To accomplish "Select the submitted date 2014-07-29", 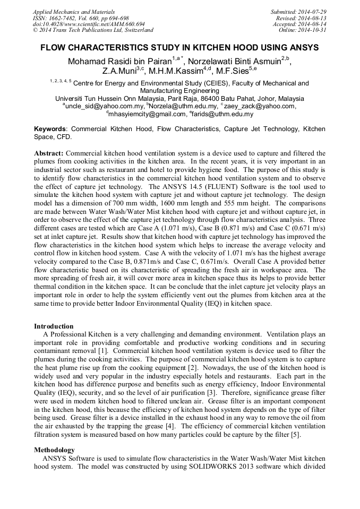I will (x=313, y=12).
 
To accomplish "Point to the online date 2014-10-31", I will (x=313, y=30).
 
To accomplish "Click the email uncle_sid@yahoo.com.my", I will (x=104, y=106).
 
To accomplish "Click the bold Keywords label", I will (x=50, y=129).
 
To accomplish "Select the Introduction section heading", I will (x=54, y=326).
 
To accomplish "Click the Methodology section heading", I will (x=55, y=450).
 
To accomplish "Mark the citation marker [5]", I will (x=296, y=435).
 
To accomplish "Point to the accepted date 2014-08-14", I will (x=313, y=24).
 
